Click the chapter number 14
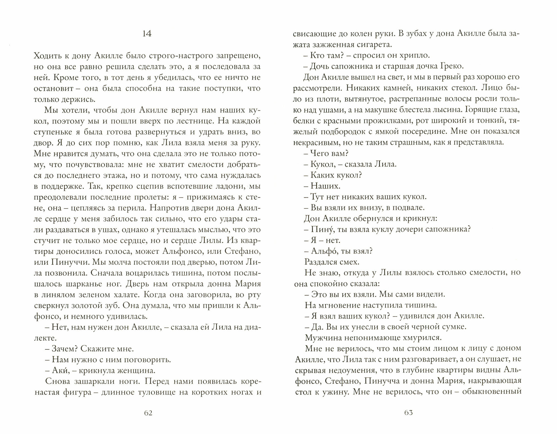tap(147, 34)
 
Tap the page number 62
tap(148, 413)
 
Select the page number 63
tap(408, 413)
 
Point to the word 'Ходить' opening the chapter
tap(48, 56)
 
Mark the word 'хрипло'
tap(414, 55)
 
